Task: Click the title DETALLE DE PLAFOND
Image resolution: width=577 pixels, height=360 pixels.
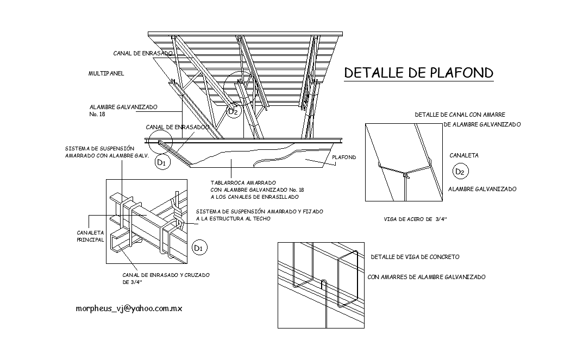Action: pyautogui.click(x=418, y=73)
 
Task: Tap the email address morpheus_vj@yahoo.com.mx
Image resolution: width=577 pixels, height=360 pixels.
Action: pyautogui.click(x=129, y=308)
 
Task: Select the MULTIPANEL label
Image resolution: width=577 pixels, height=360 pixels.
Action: pyautogui.click(x=106, y=73)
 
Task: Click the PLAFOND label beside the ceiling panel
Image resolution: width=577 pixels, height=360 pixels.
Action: pyautogui.click(x=344, y=157)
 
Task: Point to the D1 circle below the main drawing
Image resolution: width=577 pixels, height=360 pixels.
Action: pyautogui.click(x=161, y=162)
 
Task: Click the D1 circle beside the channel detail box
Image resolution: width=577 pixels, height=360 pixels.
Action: pyautogui.click(x=199, y=248)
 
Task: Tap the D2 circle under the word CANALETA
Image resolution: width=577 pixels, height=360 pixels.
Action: pyautogui.click(x=460, y=172)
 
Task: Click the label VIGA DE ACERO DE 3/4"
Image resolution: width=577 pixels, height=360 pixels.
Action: pyautogui.click(x=415, y=219)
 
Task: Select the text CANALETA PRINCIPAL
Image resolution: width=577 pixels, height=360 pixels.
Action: pyautogui.click(x=90, y=236)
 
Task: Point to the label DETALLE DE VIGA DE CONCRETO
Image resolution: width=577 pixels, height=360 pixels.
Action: pyautogui.click(x=415, y=256)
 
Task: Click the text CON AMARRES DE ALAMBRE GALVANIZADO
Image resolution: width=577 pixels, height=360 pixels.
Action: pyautogui.click(x=427, y=277)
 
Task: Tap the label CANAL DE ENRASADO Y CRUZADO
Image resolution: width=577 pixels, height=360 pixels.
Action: pyautogui.click(x=166, y=275)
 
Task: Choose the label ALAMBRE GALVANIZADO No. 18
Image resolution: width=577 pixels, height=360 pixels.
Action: pyautogui.click(x=123, y=111)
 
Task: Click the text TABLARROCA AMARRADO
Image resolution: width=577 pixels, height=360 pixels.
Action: pyautogui.click(x=243, y=182)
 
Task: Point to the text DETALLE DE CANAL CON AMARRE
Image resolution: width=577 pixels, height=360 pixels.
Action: pyautogui.click(x=460, y=115)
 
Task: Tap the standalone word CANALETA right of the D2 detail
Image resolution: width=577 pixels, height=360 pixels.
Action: pyautogui.click(x=464, y=156)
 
